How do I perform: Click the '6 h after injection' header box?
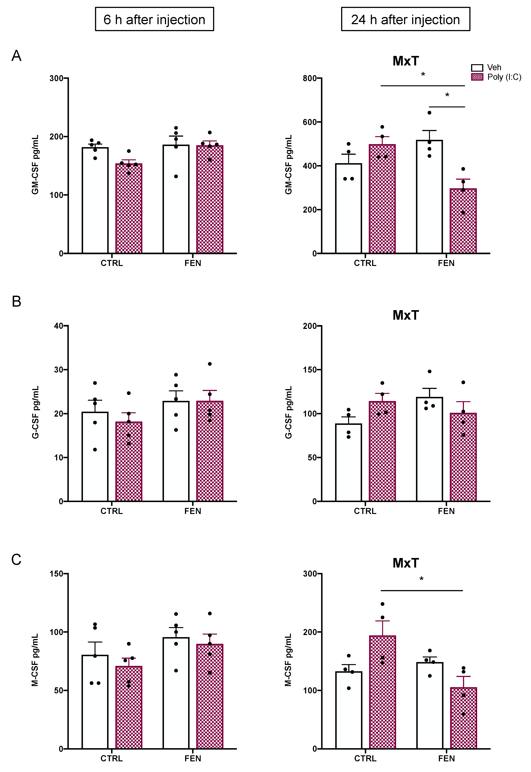click(x=154, y=19)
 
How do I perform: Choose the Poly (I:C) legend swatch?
click(x=477, y=77)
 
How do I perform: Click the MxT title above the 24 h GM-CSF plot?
click(x=406, y=61)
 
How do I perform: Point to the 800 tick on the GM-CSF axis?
click(x=309, y=78)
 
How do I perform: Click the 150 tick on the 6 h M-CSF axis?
click(x=57, y=574)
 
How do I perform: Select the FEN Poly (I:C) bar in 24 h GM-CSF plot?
click(x=463, y=221)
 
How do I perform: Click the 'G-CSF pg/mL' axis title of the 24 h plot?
click(x=288, y=412)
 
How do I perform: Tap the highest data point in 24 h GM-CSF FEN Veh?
click(x=429, y=113)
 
